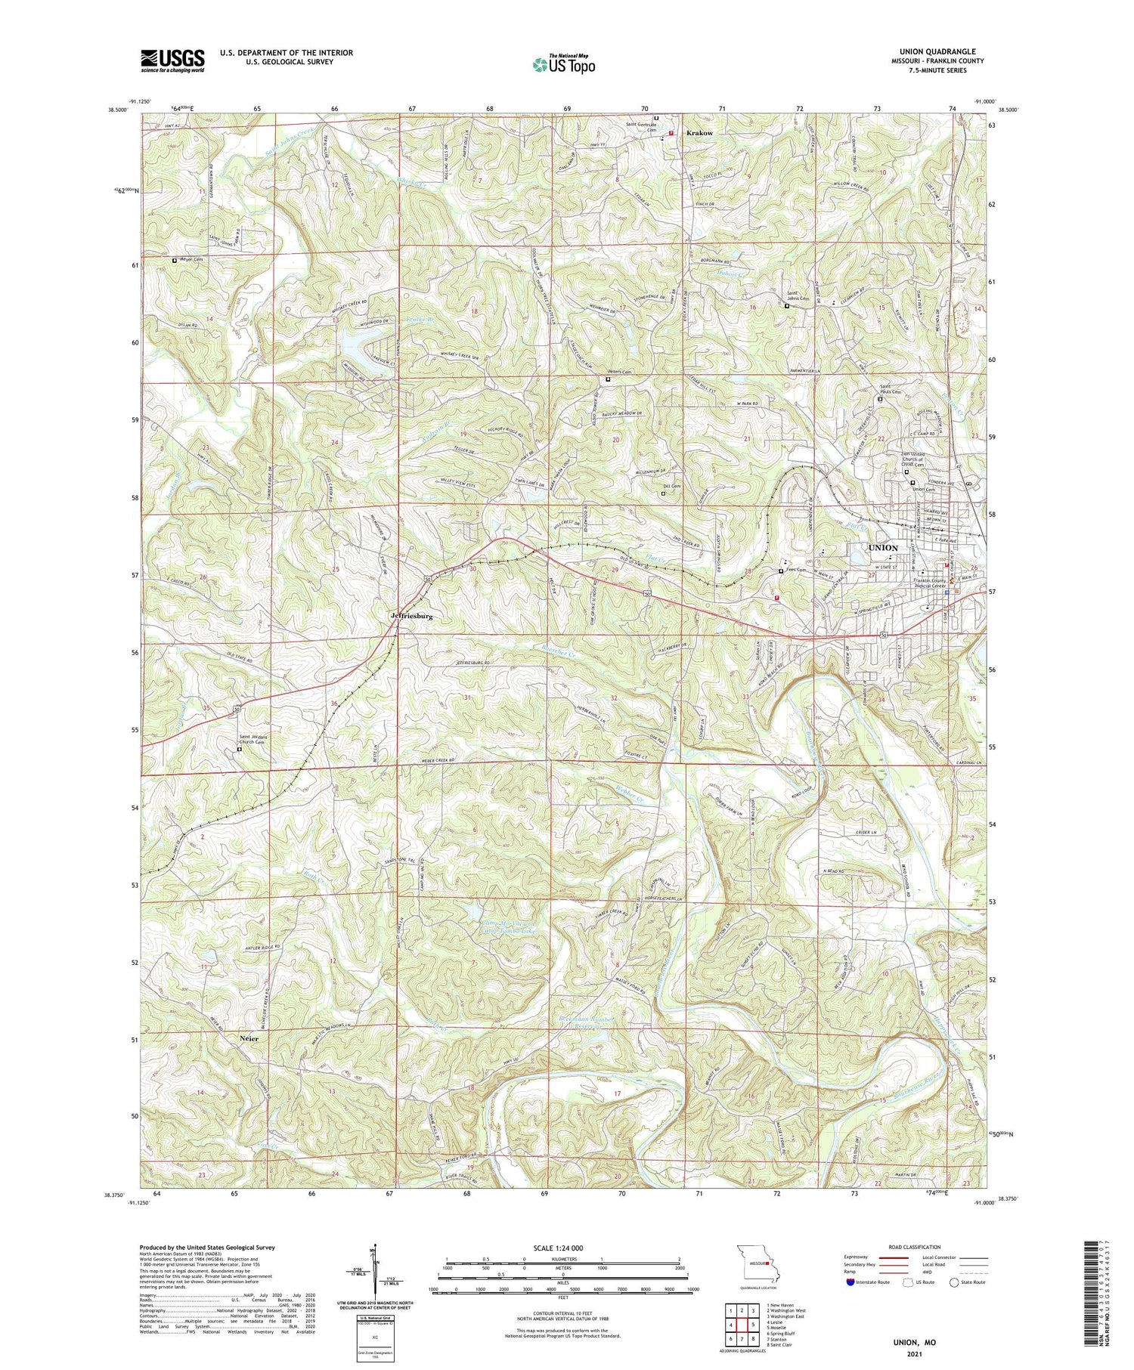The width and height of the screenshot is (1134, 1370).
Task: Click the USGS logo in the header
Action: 172,60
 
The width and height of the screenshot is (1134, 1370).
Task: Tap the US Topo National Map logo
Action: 563,64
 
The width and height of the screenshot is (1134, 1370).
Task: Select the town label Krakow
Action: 699,133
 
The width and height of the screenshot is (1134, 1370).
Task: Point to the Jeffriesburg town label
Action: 412,617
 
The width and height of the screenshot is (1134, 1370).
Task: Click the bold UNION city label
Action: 882,548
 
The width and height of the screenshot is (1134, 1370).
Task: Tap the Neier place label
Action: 249,1039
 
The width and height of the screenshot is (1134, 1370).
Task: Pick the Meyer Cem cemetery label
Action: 191,260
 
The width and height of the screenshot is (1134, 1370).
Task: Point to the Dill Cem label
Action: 671,487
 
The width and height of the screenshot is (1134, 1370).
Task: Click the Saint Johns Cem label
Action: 798,295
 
